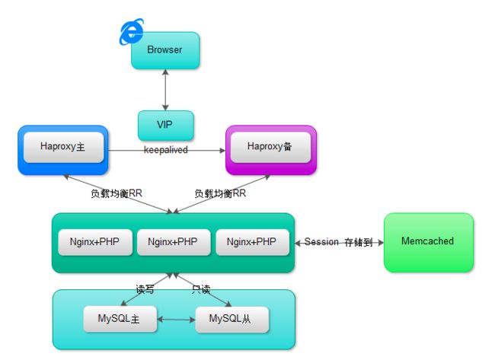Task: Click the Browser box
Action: [165, 50]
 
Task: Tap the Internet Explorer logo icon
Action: [132, 31]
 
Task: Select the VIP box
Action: [166, 126]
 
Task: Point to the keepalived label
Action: [166, 149]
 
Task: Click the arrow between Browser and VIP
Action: [165, 90]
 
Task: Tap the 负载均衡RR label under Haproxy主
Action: [117, 193]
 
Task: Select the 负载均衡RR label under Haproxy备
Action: [220, 193]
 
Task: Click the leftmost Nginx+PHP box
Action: [95, 242]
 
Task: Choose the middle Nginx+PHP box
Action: [174, 242]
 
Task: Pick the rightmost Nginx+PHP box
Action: [252, 242]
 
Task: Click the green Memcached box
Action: [429, 242]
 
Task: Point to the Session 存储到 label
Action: [339, 242]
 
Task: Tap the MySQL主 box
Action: [120, 319]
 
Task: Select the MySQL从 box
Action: [232, 320]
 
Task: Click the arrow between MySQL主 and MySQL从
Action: [176, 320]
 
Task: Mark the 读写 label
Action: [145, 289]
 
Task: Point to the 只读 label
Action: [201, 289]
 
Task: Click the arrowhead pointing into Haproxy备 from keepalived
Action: [222, 151]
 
